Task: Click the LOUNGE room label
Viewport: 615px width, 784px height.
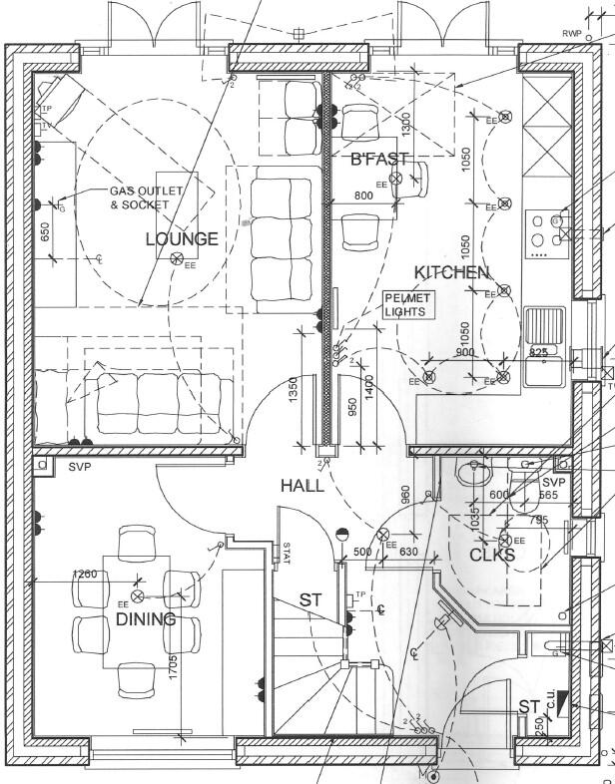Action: click(x=182, y=239)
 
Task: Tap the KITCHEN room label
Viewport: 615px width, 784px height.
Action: click(x=452, y=272)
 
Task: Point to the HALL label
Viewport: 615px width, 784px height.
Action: click(x=302, y=486)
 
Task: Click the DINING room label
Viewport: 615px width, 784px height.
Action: click(x=146, y=619)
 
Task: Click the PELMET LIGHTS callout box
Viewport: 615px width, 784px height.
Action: click(x=406, y=305)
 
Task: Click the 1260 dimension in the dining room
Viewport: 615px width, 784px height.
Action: click(x=87, y=575)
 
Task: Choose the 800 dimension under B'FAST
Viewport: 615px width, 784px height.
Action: click(x=362, y=196)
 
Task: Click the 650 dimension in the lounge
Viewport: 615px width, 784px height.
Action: click(x=45, y=232)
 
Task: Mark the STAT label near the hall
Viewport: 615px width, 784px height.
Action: click(x=286, y=553)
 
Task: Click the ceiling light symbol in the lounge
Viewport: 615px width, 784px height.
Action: click(x=177, y=259)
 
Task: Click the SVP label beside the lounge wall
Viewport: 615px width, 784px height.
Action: click(x=79, y=466)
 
